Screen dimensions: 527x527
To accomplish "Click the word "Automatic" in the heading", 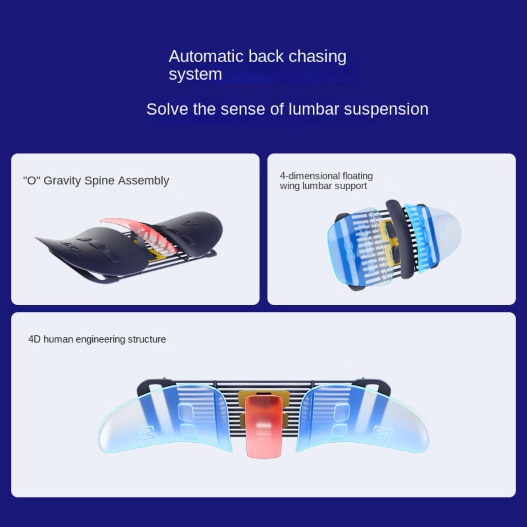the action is pyautogui.click(x=206, y=56).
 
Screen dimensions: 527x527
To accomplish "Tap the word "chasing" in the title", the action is pyautogui.click(x=318, y=57).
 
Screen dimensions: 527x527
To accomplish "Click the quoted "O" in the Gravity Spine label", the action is pyautogui.click(x=31, y=180).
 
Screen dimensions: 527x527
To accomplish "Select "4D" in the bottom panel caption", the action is pyautogui.click(x=34, y=339).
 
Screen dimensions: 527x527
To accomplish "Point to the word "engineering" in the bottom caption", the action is pyautogui.click(x=100, y=340).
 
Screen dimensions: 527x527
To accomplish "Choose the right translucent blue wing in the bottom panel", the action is pyautogui.click(x=362, y=418).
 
